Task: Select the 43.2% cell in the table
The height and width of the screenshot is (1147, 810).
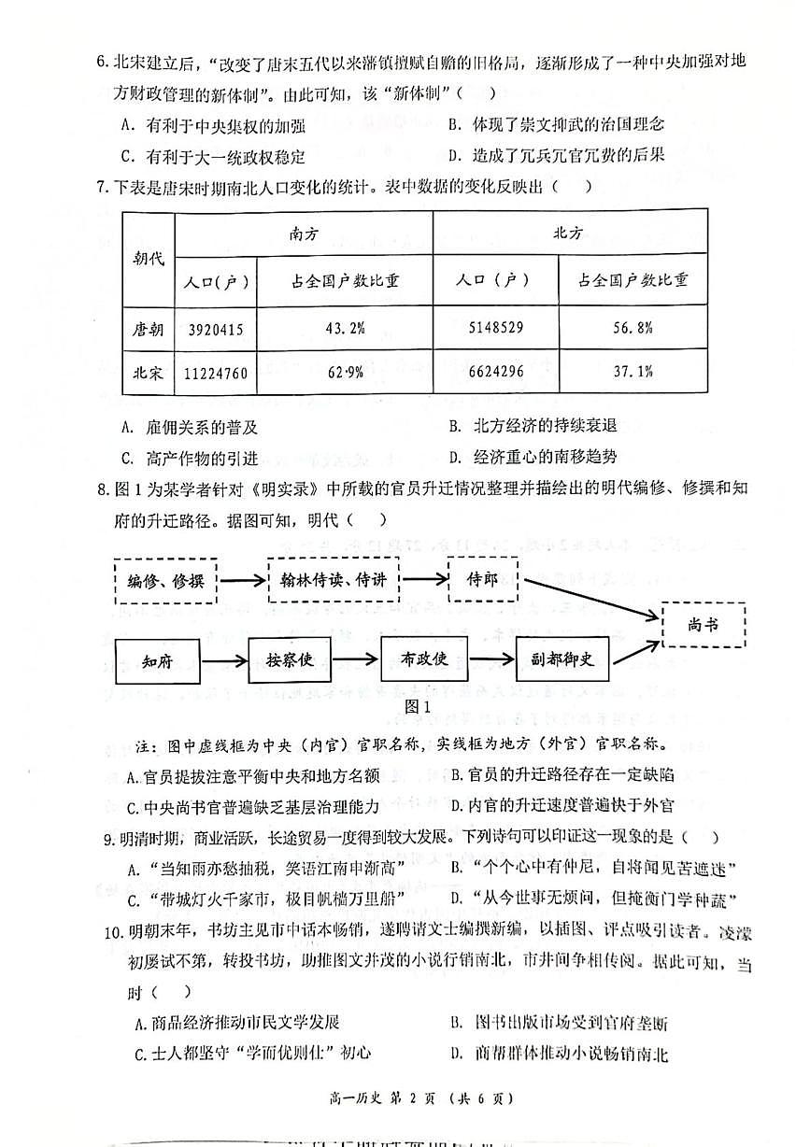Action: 345,329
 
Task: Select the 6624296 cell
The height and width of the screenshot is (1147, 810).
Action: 494,372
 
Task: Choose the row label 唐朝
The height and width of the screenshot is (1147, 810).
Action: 148,329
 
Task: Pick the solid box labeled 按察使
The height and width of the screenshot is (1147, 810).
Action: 292,659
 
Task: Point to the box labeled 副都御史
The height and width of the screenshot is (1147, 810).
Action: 567,659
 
